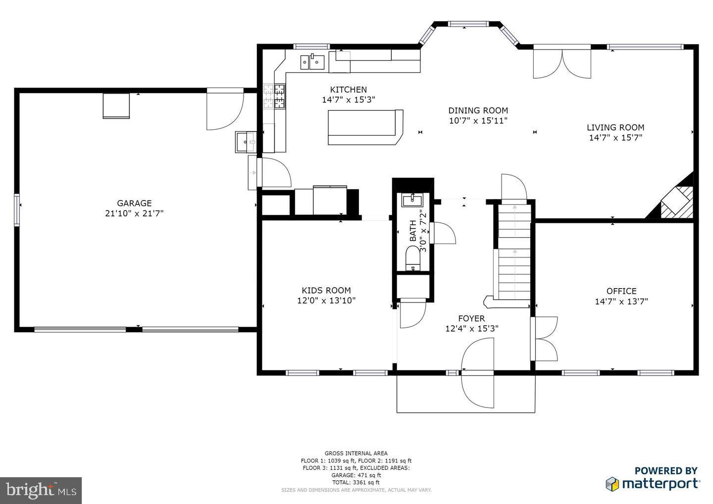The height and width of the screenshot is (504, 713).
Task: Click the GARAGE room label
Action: click(134, 203)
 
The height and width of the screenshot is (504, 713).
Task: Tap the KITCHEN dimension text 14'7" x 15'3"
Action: click(348, 100)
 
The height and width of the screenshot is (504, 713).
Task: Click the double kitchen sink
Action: click(312, 62)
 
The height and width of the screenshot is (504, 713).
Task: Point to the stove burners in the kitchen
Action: click(274, 96)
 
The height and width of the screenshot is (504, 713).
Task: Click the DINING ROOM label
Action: click(478, 110)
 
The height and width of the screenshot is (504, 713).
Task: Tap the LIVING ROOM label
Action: click(615, 127)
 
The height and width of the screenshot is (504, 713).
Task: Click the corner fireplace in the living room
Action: click(675, 200)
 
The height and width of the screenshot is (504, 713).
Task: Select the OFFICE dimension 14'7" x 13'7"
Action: click(621, 301)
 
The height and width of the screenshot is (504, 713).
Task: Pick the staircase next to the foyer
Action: click(514, 252)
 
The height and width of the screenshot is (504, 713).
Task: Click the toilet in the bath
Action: click(412, 258)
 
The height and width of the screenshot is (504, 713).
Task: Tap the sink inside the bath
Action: click(412, 201)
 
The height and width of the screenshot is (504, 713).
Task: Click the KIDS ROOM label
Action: click(326, 291)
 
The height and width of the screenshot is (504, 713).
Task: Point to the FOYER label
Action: click(471, 318)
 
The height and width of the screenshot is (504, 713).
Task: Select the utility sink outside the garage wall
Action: click(245, 142)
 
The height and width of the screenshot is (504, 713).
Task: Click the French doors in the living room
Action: click(562, 63)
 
